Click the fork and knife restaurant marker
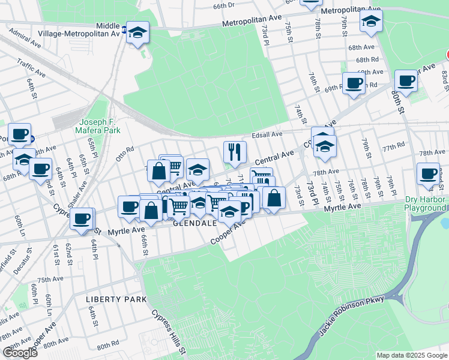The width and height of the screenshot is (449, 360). click(x=235, y=152)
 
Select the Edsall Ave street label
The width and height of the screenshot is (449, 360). click(x=267, y=135)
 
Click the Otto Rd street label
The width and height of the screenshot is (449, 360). click(x=125, y=154)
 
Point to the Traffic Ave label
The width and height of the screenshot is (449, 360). click(x=31, y=67)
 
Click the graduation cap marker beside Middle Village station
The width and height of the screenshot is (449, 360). click(x=138, y=32)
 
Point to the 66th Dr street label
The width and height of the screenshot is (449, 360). click(x=223, y=5)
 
